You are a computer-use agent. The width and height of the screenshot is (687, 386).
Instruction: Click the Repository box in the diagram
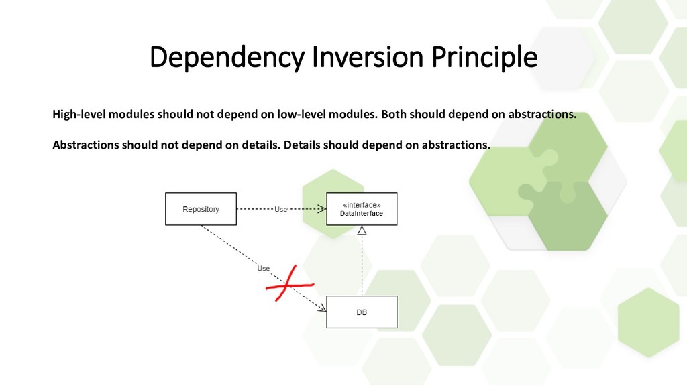pyautogui.click(x=201, y=209)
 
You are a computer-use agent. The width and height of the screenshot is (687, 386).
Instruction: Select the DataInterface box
pyautogui.click(x=362, y=209)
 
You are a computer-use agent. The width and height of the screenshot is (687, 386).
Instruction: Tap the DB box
pyautogui.click(x=362, y=312)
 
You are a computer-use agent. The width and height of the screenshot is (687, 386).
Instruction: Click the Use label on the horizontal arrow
pyautogui.click(x=282, y=209)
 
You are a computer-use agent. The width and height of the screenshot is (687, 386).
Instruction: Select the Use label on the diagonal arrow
pyautogui.click(x=264, y=268)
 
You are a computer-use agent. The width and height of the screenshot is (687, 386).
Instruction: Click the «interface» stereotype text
pyautogui.click(x=362, y=204)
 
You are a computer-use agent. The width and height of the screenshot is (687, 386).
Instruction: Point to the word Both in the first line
pyautogui.click(x=394, y=114)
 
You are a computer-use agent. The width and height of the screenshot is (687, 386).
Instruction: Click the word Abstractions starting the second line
pyautogui.click(x=86, y=145)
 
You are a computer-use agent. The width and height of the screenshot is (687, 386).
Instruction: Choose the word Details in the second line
pyautogui.click(x=302, y=145)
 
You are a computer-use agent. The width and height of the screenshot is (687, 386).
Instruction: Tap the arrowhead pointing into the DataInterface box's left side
pyautogui.click(x=323, y=209)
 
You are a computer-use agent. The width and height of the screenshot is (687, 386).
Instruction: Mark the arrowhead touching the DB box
pyautogui.click(x=323, y=309)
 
